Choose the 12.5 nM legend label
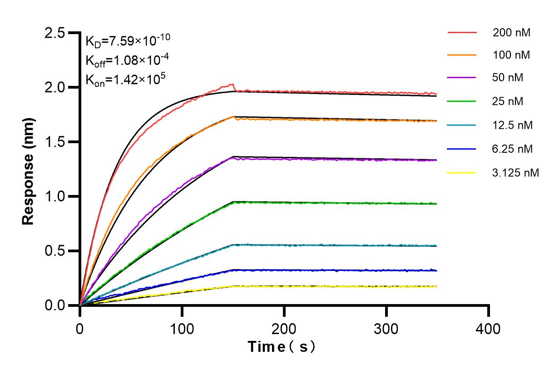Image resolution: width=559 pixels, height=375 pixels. click(513, 125)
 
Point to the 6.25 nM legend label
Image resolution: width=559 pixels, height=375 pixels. click(513, 149)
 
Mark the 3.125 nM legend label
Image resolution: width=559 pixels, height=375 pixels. click(516, 173)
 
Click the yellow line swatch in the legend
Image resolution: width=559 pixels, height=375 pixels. click(462, 173)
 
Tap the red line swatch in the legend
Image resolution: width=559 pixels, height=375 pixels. click(462, 33)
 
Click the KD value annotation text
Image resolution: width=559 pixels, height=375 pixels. click(128, 40)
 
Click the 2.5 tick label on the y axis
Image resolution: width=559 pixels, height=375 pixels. click(55, 33)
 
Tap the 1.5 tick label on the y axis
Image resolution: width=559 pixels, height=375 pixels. click(55, 142)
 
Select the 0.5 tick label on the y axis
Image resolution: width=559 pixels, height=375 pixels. click(55, 251)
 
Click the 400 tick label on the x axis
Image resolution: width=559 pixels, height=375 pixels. click(489, 329)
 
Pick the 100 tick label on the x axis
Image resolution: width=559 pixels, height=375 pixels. click(182, 329)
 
